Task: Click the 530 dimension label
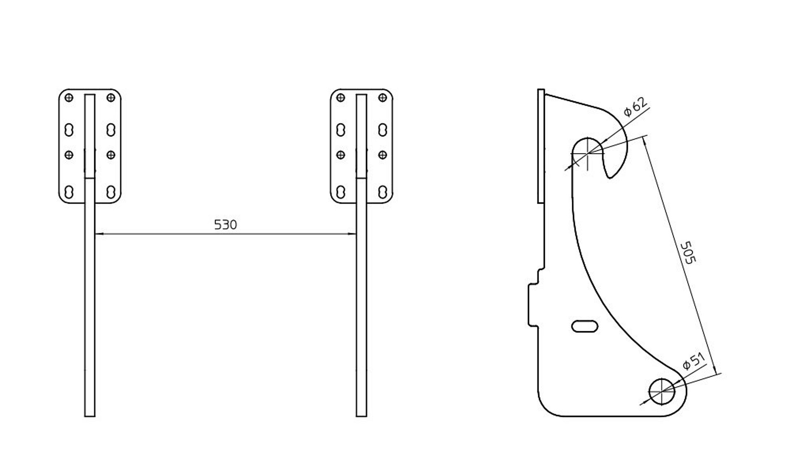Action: pos(225,225)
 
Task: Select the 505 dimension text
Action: pos(687,252)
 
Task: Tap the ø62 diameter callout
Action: pos(635,107)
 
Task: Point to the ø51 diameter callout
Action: pos(694,361)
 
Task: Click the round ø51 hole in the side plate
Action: pos(662,391)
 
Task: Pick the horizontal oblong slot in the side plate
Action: pos(585,326)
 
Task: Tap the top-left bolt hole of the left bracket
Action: pos(69,98)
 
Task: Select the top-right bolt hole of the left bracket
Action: pos(110,98)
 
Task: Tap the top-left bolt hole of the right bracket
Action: pos(340,98)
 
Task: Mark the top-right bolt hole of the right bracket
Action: pos(383,98)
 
